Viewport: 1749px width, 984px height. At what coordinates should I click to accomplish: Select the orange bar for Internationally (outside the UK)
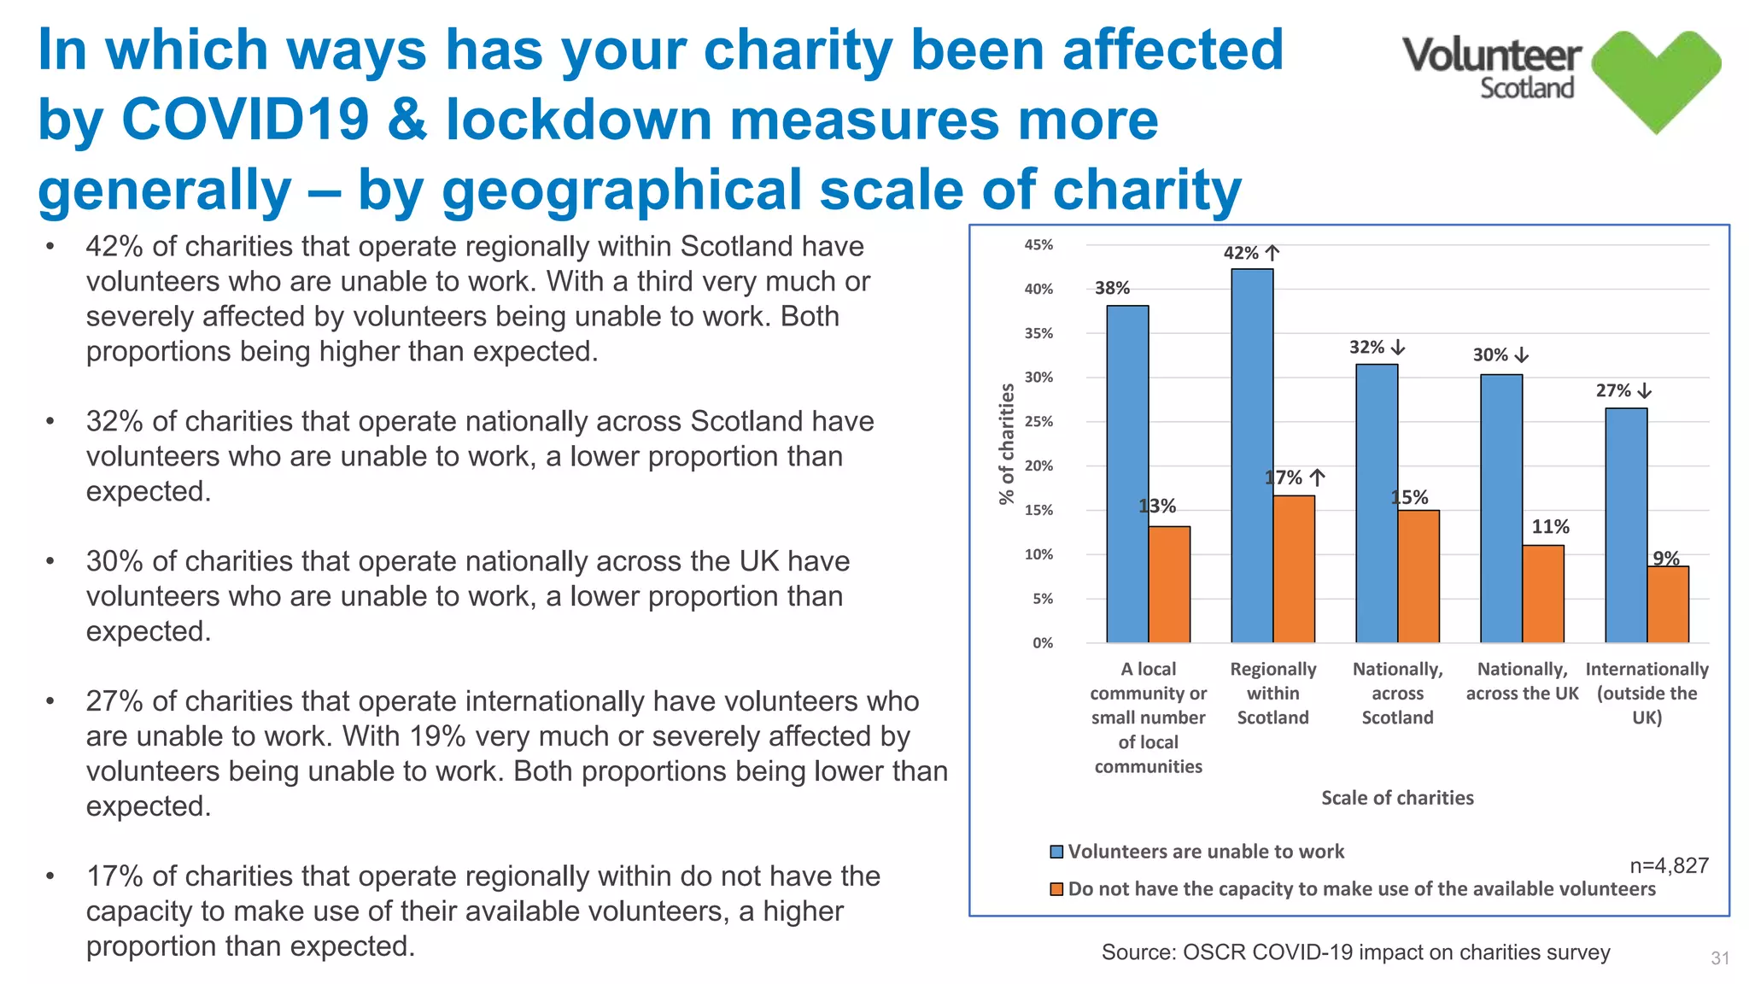tap(1668, 604)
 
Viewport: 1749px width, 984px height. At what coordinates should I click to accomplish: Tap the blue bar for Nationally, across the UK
tap(1501, 508)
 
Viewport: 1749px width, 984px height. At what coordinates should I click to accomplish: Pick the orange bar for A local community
tap(1169, 584)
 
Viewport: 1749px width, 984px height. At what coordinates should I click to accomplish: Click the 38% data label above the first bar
tap(1112, 289)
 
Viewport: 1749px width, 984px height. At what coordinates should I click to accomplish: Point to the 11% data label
tap(1550, 527)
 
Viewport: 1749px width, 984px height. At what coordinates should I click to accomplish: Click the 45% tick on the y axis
tap(1038, 245)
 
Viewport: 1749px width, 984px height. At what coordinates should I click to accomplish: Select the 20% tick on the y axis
tap(1038, 466)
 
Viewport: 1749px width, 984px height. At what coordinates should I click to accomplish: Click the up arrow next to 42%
tap(1272, 253)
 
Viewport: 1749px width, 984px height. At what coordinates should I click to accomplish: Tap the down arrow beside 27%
tap(1645, 391)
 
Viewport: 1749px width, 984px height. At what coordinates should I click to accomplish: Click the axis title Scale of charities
tap(1397, 798)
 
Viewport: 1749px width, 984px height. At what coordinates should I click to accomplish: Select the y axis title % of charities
tap(1007, 443)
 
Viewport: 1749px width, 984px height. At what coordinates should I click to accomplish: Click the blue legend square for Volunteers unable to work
tap(1056, 852)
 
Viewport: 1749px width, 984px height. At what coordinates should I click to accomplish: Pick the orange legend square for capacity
tap(1056, 889)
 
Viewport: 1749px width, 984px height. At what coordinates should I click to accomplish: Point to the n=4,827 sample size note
tap(1669, 866)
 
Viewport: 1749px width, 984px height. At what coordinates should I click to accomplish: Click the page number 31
tap(1720, 958)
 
